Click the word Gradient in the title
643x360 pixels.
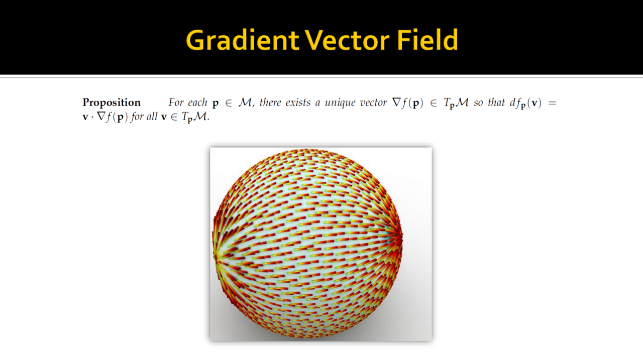[242, 40]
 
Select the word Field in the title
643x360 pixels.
[427, 40]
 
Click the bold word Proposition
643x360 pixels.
[112, 103]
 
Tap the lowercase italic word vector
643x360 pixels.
[373, 102]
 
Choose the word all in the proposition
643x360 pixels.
[152, 116]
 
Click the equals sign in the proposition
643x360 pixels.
[552, 103]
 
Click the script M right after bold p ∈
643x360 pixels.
[245, 102]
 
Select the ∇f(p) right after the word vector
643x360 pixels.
[407, 103]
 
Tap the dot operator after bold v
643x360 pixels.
[92, 117]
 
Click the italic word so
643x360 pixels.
[478, 103]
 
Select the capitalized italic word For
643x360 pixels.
[176, 102]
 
